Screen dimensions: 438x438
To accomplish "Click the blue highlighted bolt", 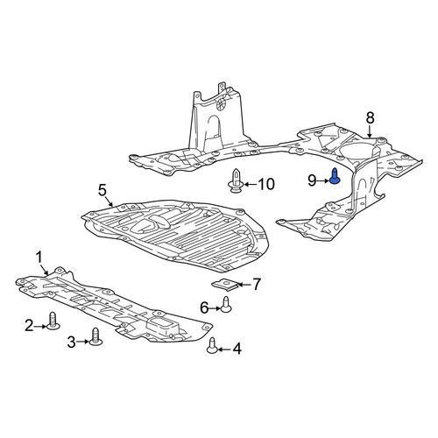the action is click(335, 176).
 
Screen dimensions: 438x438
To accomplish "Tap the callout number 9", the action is click(312, 181).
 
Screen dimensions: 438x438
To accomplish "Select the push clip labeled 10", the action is click(236, 180).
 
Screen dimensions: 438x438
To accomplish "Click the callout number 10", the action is click(266, 184).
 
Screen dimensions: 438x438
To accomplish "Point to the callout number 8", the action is click(370, 118).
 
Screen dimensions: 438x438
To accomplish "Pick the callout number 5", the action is click(102, 191).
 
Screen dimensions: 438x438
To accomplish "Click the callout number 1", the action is click(39, 258).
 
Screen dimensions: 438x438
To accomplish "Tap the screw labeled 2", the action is click(53, 321).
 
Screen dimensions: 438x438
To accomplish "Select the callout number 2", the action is click(29, 326).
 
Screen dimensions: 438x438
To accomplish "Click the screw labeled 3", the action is click(95, 336).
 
